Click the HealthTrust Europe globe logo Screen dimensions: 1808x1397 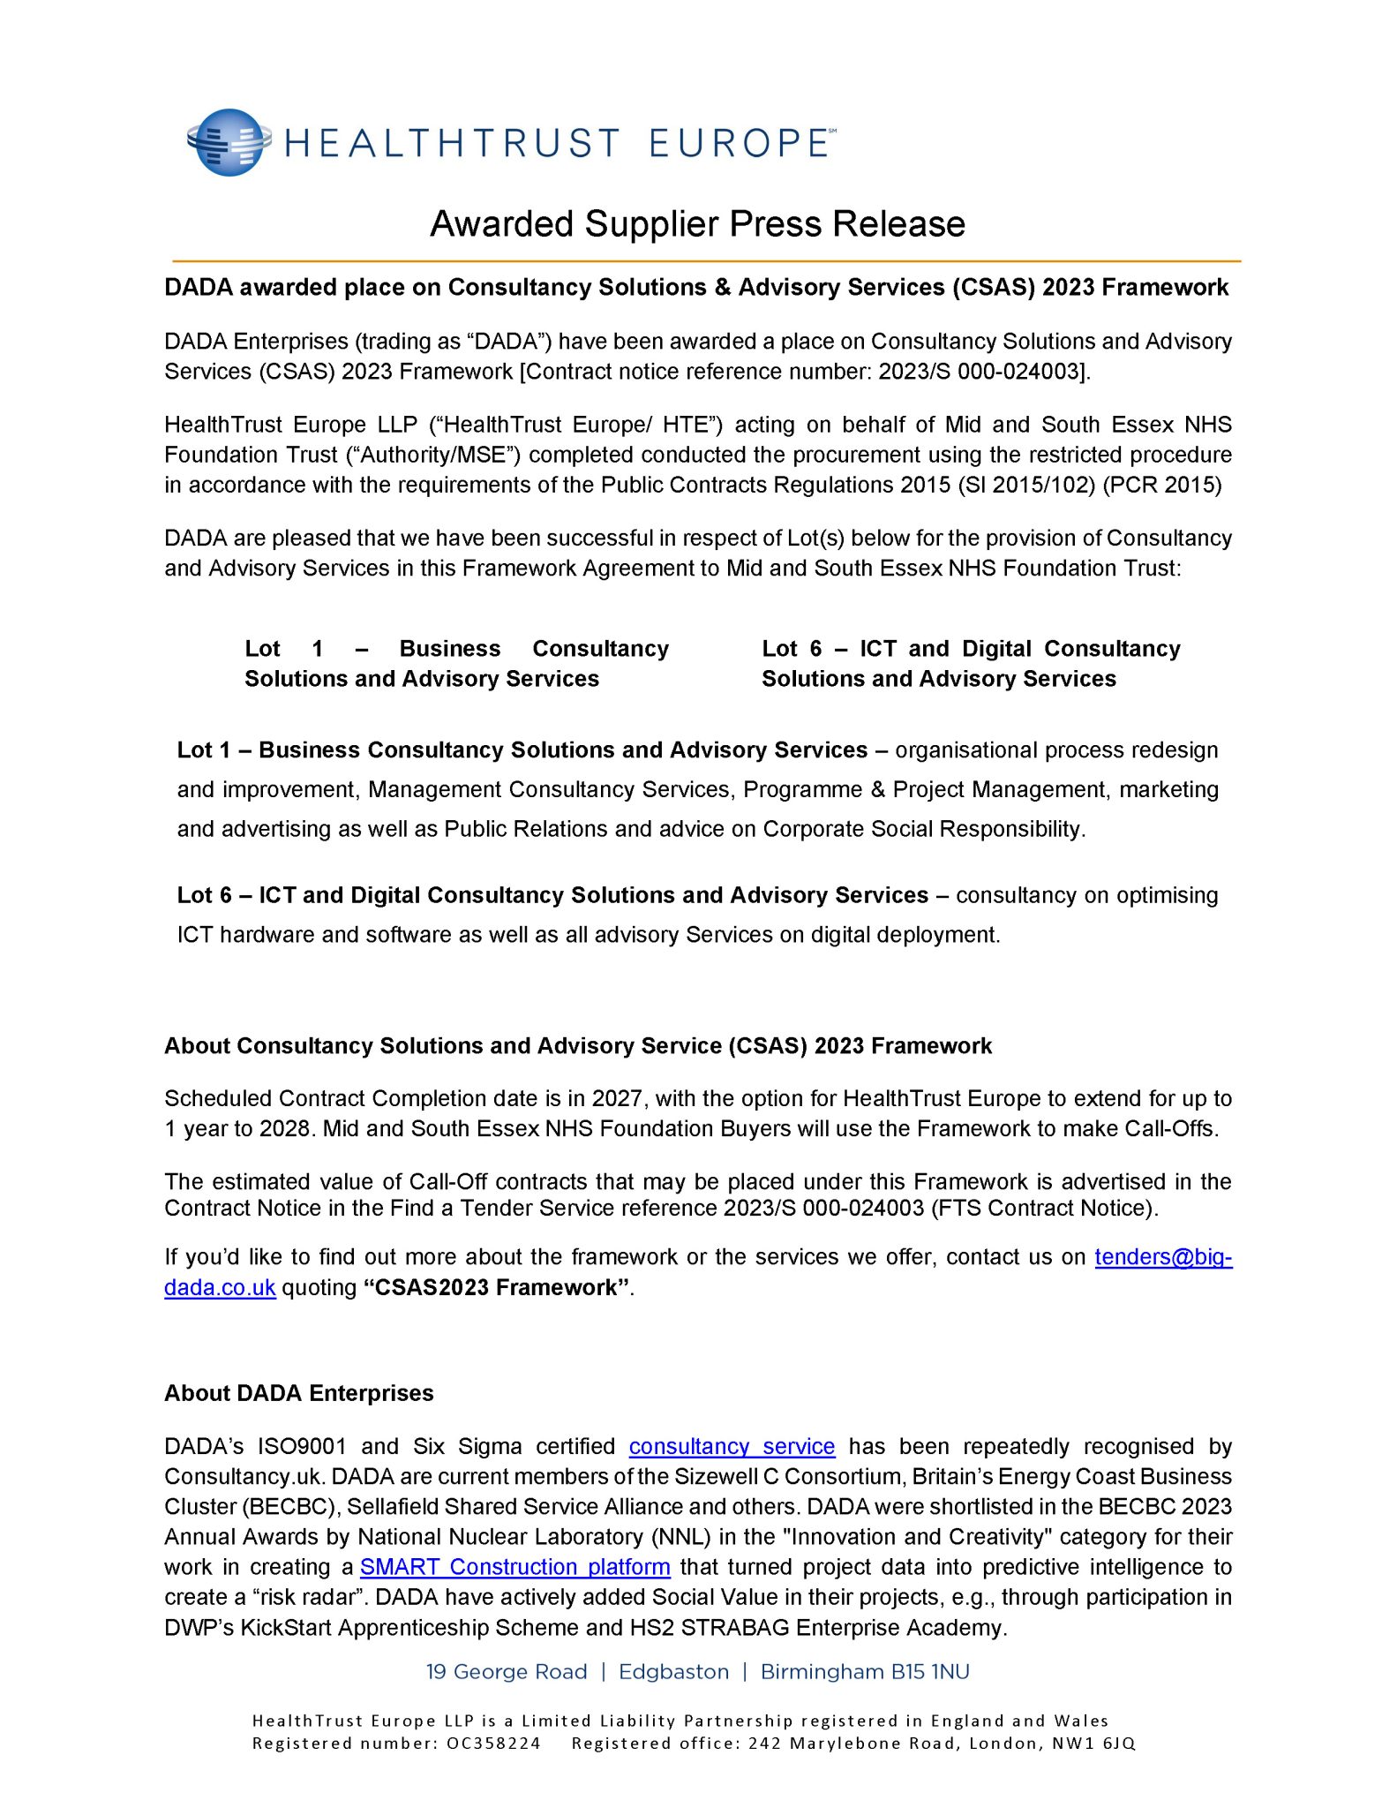click(x=229, y=142)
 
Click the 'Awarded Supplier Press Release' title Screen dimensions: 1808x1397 click(x=697, y=224)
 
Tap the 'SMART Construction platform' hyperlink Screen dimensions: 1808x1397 click(x=514, y=1567)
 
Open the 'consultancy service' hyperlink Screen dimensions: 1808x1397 click(x=732, y=1446)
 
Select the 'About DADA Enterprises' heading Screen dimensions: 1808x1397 click(x=298, y=1393)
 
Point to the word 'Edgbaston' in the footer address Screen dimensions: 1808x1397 click(x=673, y=1672)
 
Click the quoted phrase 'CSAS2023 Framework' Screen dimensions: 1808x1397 click(x=497, y=1287)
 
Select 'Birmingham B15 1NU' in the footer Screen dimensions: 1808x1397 click(x=865, y=1672)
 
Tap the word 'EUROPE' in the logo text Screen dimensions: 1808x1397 click(x=738, y=143)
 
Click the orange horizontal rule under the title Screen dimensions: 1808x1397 click(x=706, y=261)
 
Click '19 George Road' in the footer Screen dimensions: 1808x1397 click(x=507, y=1672)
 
